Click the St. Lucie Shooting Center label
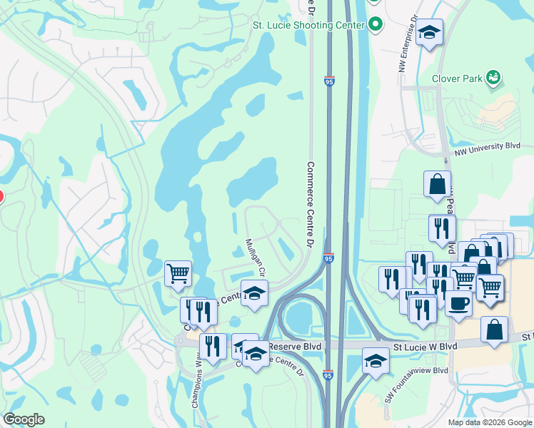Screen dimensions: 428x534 pyautogui.click(x=309, y=25)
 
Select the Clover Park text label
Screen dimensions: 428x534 pyautogui.click(x=457, y=78)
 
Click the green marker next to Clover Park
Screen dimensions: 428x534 pyautogui.click(x=493, y=77)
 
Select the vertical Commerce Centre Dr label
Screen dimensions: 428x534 pyautogui.click(x=311, y=203)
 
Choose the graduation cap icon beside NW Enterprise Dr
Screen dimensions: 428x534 pyautogui.click(x=429, y=33)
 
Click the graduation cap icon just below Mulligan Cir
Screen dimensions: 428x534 pyautogui.click(x=253, y=293)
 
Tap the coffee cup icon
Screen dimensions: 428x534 pyautogui.click(x=458, y=302)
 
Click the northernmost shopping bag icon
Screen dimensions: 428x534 pyautogui.click(x=437, y=184)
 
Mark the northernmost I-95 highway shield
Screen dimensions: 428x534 pyautogui.click(x=329, y=82)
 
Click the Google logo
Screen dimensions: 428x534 pyautogui.click(x=24, y=420)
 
